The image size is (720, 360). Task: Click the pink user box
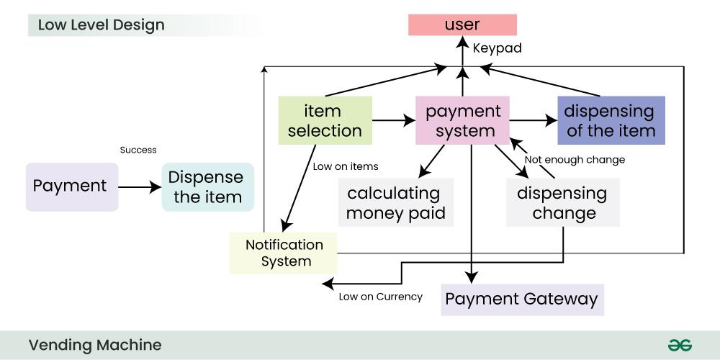tap(462, 24)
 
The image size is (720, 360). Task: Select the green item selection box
tap(325, 120)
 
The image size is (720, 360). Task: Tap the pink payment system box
tap(463, 120)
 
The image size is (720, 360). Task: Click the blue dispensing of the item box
tap(611, 120)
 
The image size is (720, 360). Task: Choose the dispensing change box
tap(562, 203)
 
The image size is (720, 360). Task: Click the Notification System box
tap(285, 253)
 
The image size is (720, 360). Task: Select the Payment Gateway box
tap(522, 299)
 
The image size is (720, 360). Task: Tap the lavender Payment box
tap(71, 186)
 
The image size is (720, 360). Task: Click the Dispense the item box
tap(208, 186)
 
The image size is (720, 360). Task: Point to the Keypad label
tap(497, 49)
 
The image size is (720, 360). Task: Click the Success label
tap(138, 150)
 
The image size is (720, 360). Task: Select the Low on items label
tap(346, 166)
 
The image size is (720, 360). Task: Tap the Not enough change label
tap(575, 159)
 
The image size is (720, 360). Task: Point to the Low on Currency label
tap(380, 296)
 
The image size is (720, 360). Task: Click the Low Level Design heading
tap(101, 25)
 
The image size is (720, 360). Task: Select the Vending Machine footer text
tap(95, 345)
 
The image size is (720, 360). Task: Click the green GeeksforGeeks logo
tap(679, 345)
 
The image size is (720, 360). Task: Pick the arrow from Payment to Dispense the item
tap(140, 187)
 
